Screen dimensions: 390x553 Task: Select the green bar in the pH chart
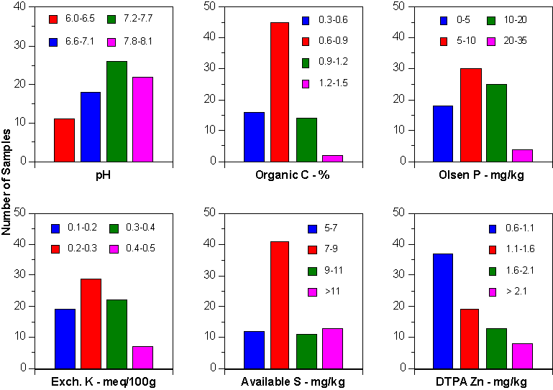coord(116,111)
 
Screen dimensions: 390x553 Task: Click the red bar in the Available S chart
coord(279,305)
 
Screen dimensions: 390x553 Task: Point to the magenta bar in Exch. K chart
coord(142,357)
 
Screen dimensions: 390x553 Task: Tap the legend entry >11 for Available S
coord(328,292)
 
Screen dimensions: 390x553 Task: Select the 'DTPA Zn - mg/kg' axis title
coord(481,381)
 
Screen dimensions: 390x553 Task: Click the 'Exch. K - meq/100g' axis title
coord(104,381)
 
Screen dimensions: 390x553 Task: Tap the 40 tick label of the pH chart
coord(19,7)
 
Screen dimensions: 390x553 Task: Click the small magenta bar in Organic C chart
coord(332,158)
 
